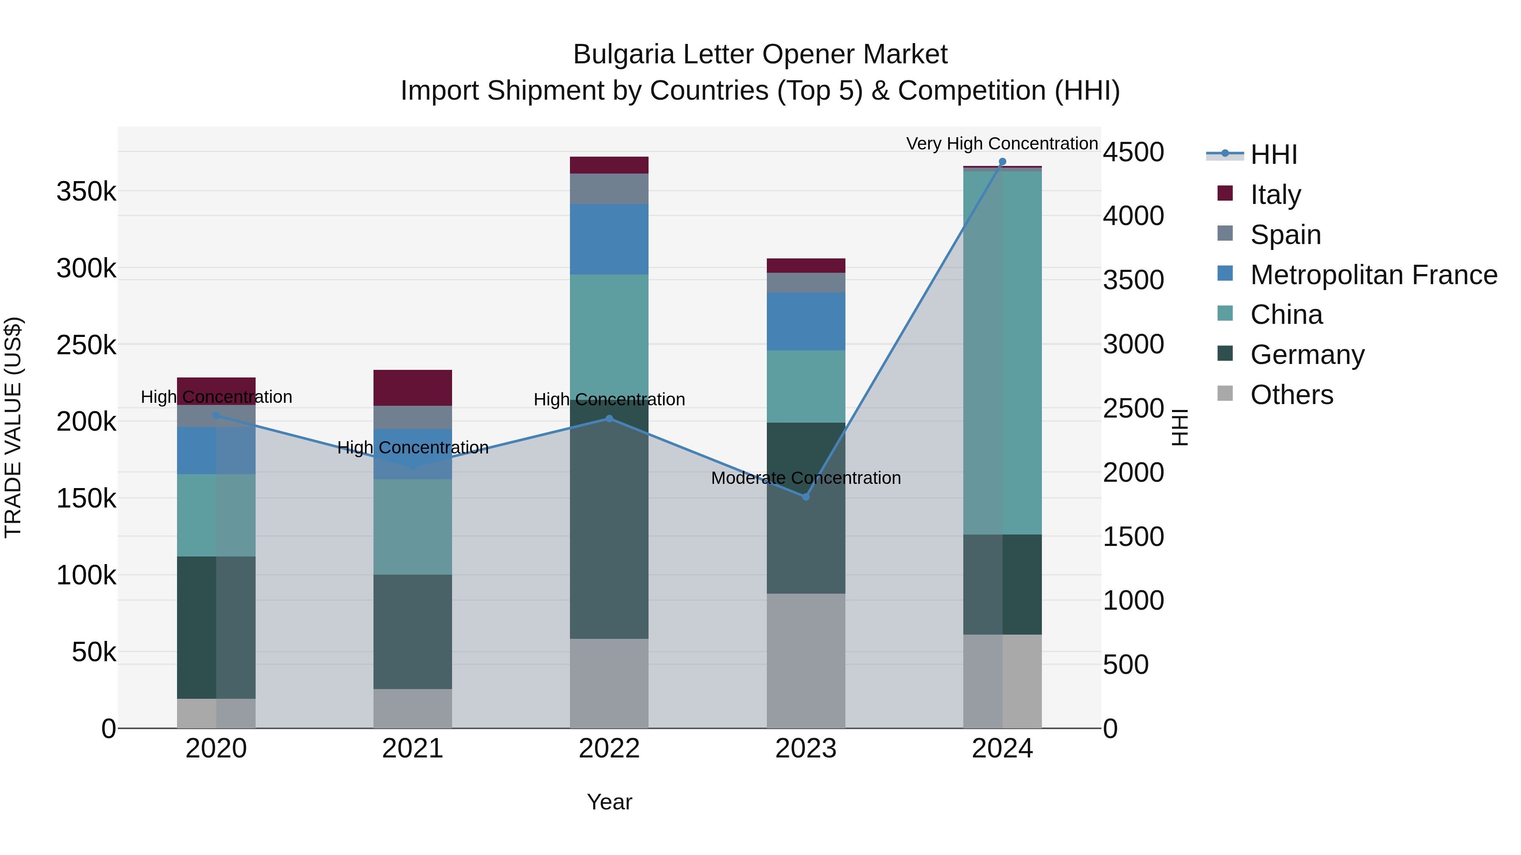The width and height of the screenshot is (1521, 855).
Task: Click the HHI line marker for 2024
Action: (1002, 162)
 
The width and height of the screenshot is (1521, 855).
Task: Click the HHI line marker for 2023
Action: (805, 497)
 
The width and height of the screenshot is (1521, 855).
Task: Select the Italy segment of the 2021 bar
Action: (413, 388)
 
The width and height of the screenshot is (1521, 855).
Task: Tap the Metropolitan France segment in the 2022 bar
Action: (609, 239)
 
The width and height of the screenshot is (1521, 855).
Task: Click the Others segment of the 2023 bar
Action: (805, 660)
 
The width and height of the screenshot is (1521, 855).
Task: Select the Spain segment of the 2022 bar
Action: (609, 189)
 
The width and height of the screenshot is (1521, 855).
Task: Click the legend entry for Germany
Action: (1307, 355)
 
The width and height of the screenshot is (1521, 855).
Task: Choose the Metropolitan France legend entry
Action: (1374, 275)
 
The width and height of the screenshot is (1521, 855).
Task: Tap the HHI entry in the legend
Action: (1273, 155)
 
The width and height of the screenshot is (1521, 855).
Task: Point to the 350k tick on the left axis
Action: (86, 192)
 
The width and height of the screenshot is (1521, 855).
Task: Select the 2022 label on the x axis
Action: (609, 749)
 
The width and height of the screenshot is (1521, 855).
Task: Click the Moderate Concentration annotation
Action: (805, 478)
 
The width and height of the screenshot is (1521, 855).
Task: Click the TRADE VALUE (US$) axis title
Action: (13, 427)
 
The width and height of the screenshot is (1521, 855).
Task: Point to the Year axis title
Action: (609, 802)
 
